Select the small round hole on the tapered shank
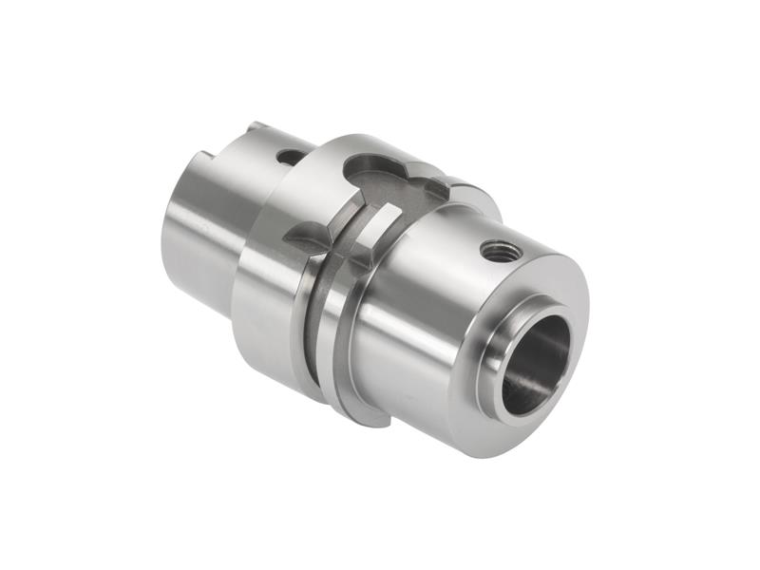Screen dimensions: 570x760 [x=286, y=156]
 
